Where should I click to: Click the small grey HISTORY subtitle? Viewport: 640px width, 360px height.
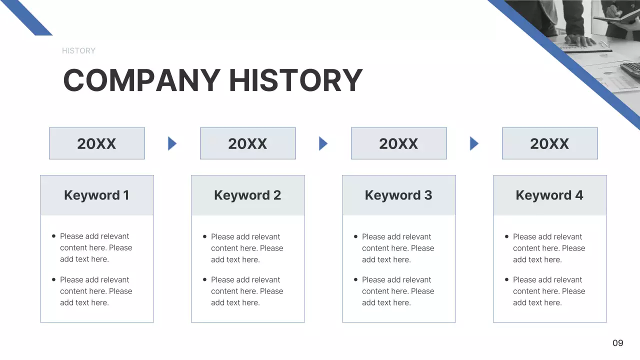click(78, 50)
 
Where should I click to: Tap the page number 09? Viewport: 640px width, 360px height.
click(618, 343)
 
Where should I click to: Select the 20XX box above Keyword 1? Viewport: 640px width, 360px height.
click(96, 143)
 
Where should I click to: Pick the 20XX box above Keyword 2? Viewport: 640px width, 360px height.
click(247, 143)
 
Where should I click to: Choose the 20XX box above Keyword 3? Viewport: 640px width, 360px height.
click(398, 143)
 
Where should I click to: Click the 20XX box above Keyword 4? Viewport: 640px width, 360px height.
click(549, 143)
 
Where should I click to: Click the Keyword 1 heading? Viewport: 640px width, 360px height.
click(96, 195)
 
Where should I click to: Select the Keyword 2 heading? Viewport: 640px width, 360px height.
click(247, 195)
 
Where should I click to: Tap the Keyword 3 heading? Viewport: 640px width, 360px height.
click(398, 195)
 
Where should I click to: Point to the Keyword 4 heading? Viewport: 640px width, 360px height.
click(549, 195)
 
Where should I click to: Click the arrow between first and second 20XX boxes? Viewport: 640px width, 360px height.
click(172, 143)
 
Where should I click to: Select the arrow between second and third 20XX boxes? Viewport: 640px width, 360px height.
click(323, 143)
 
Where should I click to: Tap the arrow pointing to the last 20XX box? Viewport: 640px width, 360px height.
click(474, 143)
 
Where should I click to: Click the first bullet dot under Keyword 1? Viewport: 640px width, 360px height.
click(53, 236)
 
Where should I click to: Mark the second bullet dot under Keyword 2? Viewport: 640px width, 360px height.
click(204, 279)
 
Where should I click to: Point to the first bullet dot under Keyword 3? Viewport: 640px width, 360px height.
click(355, 236)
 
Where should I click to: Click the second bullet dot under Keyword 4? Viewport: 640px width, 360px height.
click(506, 279)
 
